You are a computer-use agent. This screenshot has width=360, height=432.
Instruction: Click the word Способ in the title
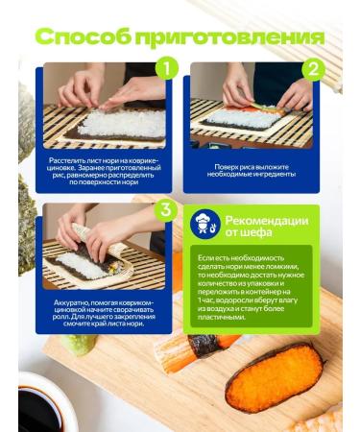(84, 37)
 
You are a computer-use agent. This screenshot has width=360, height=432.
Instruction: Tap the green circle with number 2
(312, 69)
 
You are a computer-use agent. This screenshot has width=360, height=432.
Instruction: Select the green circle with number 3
(165, 208)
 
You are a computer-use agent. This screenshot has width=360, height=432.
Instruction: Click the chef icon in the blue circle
(203, 223)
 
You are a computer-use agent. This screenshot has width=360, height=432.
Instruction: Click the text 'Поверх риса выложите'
(254, 166)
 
